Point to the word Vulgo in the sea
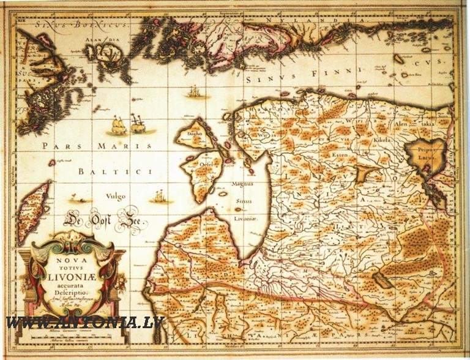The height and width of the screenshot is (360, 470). (116, 197)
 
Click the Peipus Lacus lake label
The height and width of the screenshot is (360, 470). (425, 152)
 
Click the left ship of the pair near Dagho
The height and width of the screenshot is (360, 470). (118, 127)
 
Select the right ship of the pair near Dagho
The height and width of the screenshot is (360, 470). (138, 125)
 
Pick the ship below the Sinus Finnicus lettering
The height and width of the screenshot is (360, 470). (195, 92)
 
